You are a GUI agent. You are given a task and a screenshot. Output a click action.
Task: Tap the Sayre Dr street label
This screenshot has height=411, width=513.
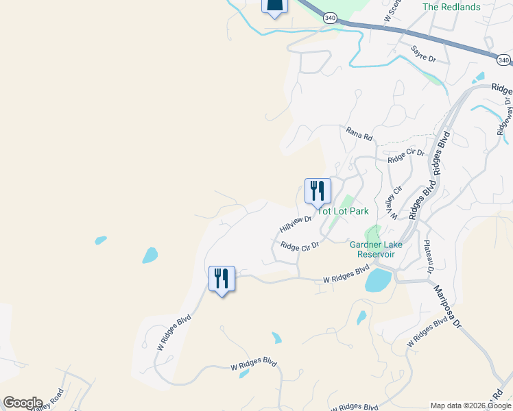(x=424, y=54)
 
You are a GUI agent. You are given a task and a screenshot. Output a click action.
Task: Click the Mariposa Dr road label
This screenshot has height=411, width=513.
(x=447, y=308)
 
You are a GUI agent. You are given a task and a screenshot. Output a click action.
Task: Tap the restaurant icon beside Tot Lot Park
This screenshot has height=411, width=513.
(x=318, y=190)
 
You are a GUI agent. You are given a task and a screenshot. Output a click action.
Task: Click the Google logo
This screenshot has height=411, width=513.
(x=23, y=403)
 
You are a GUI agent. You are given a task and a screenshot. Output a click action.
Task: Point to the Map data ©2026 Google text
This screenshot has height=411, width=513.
(x=470, y=406)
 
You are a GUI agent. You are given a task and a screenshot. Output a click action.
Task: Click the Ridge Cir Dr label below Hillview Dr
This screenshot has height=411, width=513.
(x=300, y=246)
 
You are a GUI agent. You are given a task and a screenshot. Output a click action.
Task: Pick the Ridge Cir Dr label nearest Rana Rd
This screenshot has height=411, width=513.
(x=406, y=157)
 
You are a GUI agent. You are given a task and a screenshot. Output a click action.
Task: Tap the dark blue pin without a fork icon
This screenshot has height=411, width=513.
(x=274, y=6)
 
